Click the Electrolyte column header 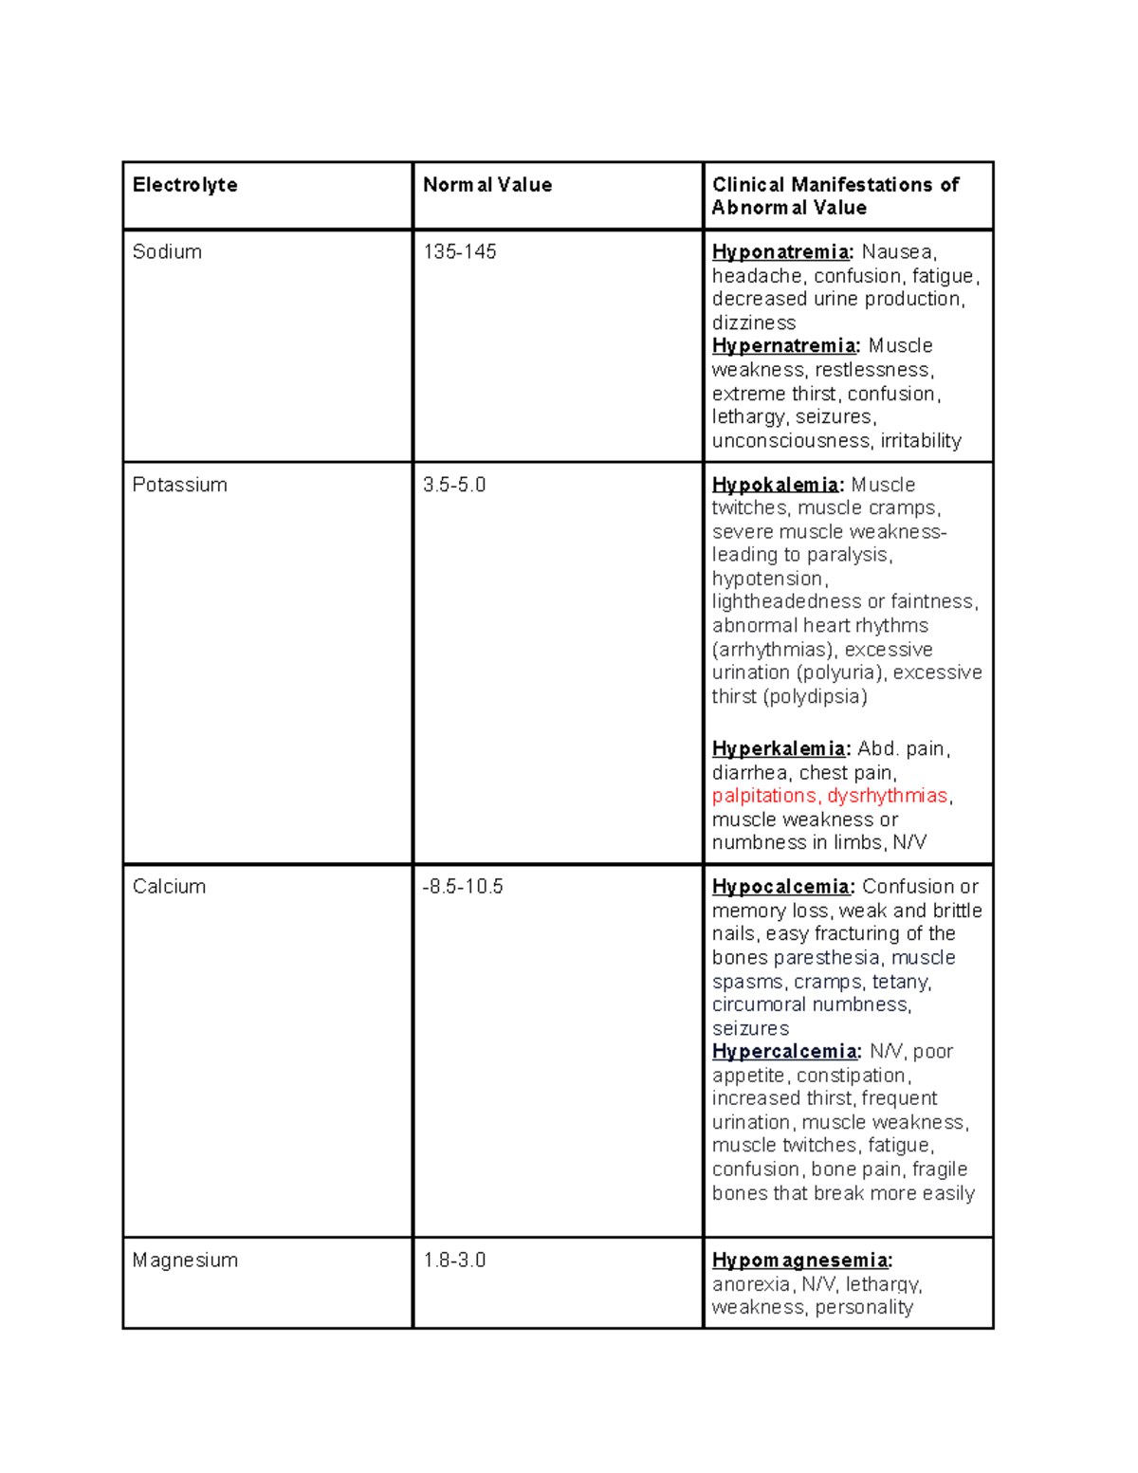pos(185,185)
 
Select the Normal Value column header pos(487,185)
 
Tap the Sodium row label pos(167,252)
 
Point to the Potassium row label pos(179,485)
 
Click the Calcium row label pos(169,887)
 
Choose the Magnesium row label pos(185,1261)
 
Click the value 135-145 pos(460,252)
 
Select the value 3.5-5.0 pos(454,485)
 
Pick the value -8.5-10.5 pos(463,887)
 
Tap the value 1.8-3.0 pos(454,1261)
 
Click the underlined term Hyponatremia pos(781,252)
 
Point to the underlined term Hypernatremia pos(784,346)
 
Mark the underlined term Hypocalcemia pos(781,887)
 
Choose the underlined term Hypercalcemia pos(785,1052)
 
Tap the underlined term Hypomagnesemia pos(800,1261)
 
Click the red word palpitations pos(764,796)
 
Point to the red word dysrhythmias pos(887,796)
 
